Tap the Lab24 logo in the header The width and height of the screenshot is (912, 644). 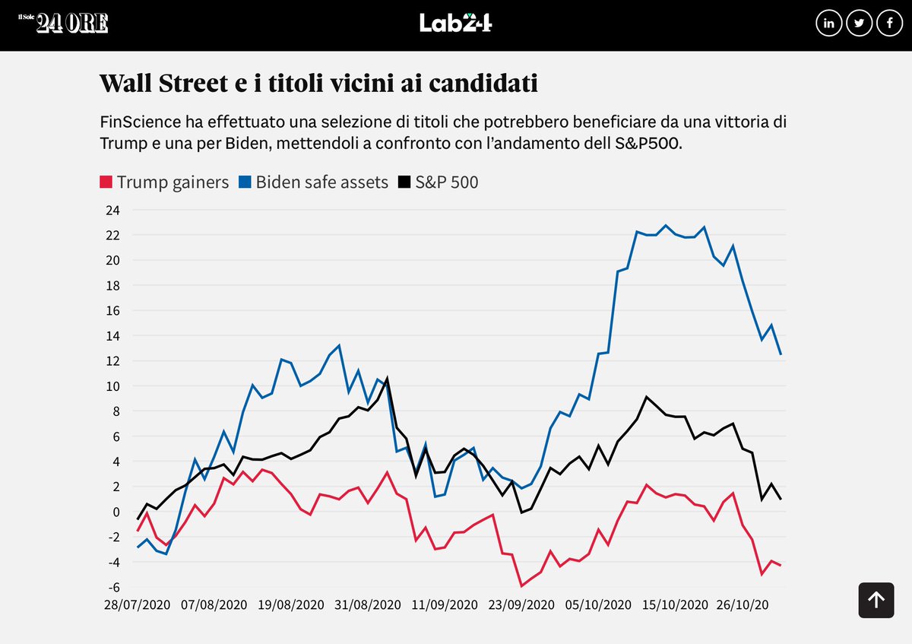click(455, 23)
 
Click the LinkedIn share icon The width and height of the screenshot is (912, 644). click(828, 24)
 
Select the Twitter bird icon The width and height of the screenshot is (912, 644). click(859, 24)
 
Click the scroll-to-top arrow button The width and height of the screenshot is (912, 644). click(876, 600)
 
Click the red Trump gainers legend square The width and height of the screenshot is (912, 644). click(106, 182)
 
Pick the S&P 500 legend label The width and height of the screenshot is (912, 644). click(446, 182)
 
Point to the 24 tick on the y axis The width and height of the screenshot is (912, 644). click(113, 211)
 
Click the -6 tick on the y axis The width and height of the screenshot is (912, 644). click(113, 586)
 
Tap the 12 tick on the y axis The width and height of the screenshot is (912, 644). click(113, 361)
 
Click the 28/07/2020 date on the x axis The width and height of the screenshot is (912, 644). click(137, 605)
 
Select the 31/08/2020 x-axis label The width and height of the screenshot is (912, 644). click(369, 605)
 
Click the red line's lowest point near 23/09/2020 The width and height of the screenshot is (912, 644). click(521, 585)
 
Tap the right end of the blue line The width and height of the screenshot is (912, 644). click(781, 354)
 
